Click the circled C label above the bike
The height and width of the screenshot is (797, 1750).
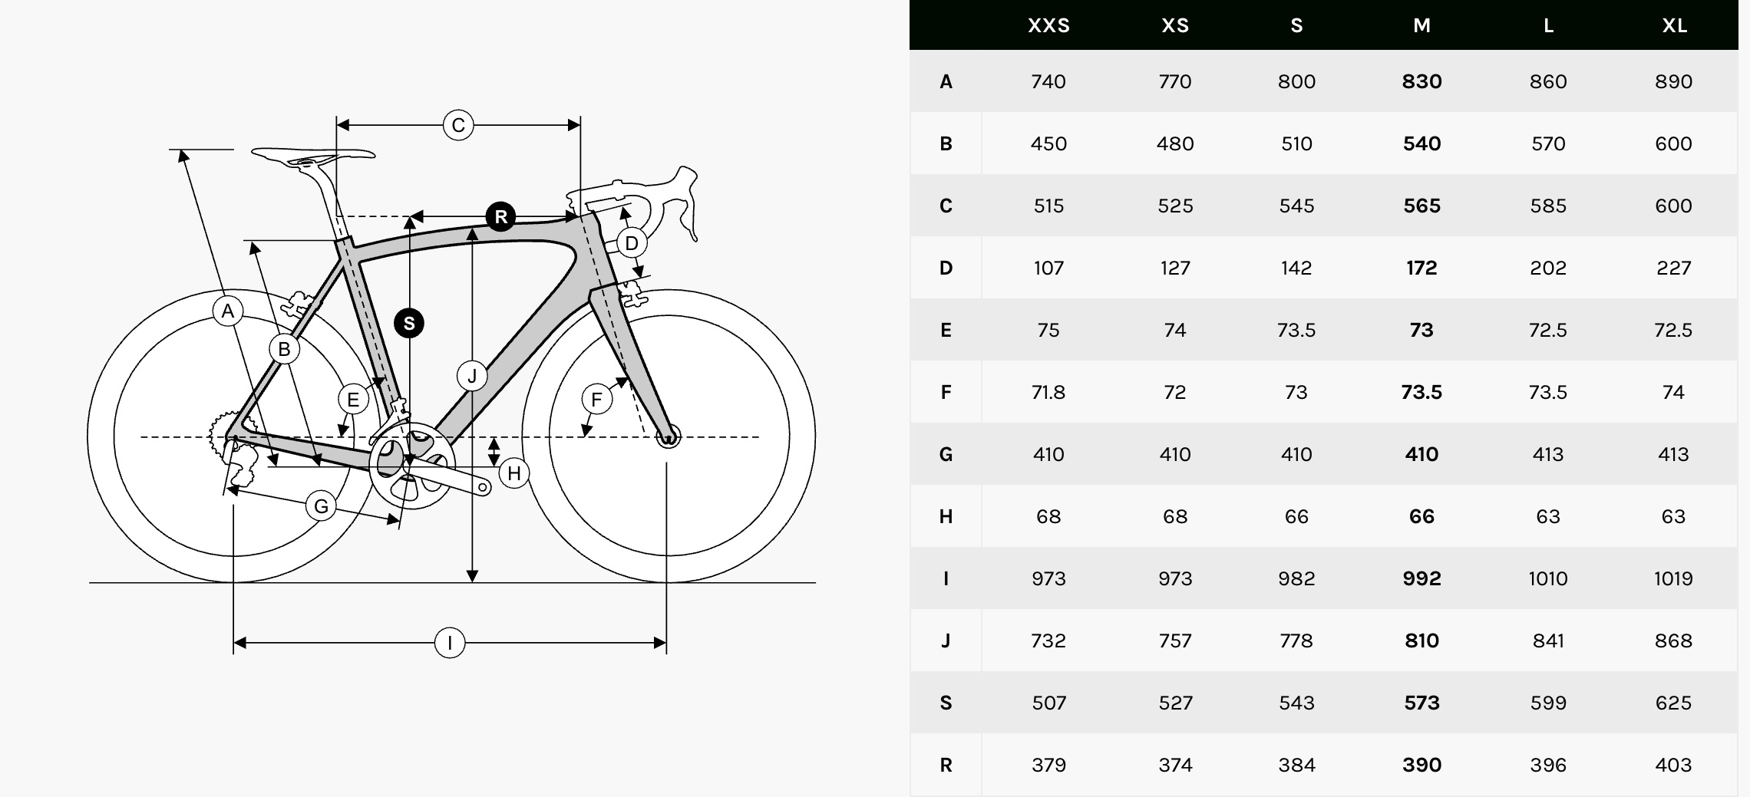pos(458,125)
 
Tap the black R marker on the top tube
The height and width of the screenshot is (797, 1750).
pos(500,216)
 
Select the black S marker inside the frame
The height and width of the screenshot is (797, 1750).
pos(409,323)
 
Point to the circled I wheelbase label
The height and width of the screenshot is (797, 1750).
pos(450,643)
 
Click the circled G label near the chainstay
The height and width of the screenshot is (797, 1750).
pos(321,506)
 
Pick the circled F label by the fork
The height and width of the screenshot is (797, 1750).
pos(596,399)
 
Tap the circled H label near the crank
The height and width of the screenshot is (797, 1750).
pos(514,473)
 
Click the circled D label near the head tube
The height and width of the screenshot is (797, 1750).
pos(632,243)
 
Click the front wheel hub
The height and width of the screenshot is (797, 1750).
pos(669,437)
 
